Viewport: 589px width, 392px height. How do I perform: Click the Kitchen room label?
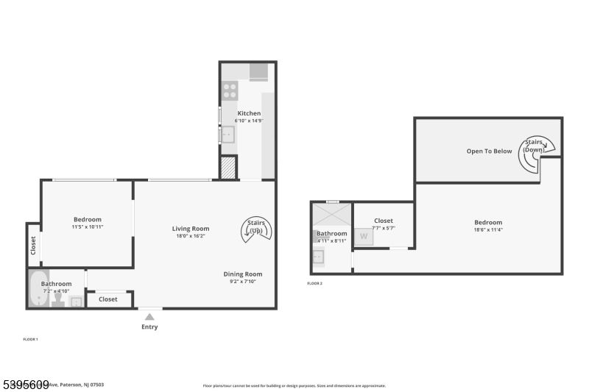249,113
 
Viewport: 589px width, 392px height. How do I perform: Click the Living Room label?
191,229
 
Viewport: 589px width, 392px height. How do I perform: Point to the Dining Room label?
243,274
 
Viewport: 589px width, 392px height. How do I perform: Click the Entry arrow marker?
149,316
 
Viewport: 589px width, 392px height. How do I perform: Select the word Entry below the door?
149,327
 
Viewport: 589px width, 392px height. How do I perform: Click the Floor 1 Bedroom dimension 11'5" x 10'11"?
87,227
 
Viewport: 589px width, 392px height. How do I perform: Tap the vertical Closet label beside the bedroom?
33,246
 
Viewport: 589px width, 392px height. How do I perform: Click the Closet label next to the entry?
107,299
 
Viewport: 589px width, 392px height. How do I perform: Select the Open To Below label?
489,152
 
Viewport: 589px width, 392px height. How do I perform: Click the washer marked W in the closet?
363,237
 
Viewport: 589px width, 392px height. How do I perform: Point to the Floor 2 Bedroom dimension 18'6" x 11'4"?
487,230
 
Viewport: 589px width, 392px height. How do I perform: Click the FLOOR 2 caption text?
314,283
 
